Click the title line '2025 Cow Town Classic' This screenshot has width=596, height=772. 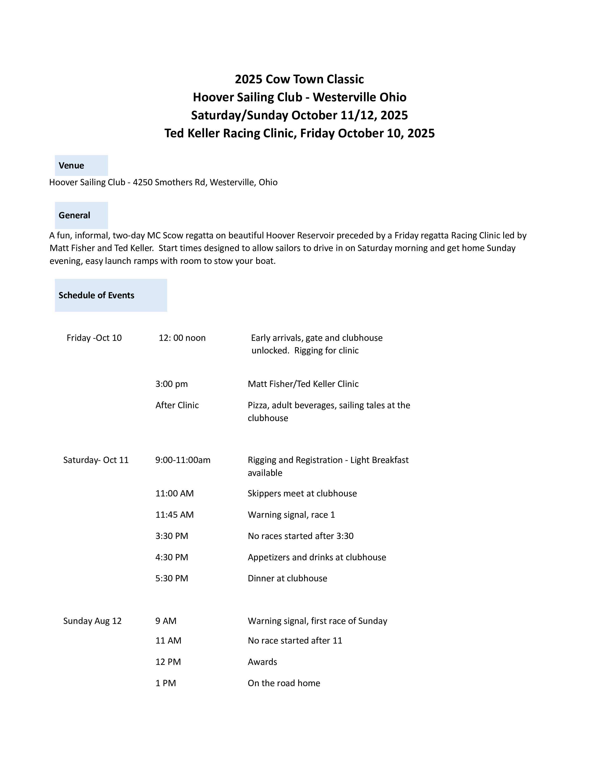[x=299, y=79]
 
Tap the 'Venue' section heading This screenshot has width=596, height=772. [x=71, y=165]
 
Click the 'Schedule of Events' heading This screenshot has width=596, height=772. [x=96, y=295]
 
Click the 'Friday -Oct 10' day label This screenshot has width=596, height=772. [x=94, y=338]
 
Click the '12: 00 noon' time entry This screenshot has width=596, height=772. [x=182, y=338]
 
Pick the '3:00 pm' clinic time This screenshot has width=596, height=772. [x=172, y=384]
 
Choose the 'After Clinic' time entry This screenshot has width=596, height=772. [x=177, y=405]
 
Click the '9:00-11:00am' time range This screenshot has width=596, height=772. [x=183, y=460]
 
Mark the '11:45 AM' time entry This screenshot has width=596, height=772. [x=174, y=515]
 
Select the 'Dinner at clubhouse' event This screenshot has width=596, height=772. [x=287, y=578]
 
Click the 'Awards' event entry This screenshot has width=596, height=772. [x=262, y=662]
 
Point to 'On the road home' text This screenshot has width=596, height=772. [x=284, y=683]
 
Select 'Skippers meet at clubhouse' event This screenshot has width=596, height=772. [x=302, y=493]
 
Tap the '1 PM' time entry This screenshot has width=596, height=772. [x=166, y=683]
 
